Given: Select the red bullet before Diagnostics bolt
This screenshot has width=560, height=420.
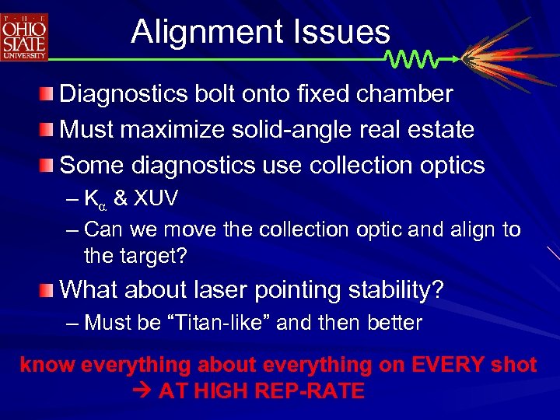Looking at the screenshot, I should pyautogui.click(x=48, y=96).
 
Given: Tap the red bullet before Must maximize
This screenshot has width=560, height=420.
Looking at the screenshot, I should pyautogui.click(x=48, y=131).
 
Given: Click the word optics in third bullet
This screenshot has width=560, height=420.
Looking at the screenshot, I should pyautogui.click(x=452, y=166).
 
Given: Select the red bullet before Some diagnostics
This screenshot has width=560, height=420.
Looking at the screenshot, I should pyautogui.click(x=48, y=166).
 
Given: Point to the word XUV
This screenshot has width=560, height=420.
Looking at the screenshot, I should pyautogui.click(x=156, y=198).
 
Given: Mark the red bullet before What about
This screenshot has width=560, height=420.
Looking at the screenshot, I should pyautogui.click(x=48, y=291).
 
